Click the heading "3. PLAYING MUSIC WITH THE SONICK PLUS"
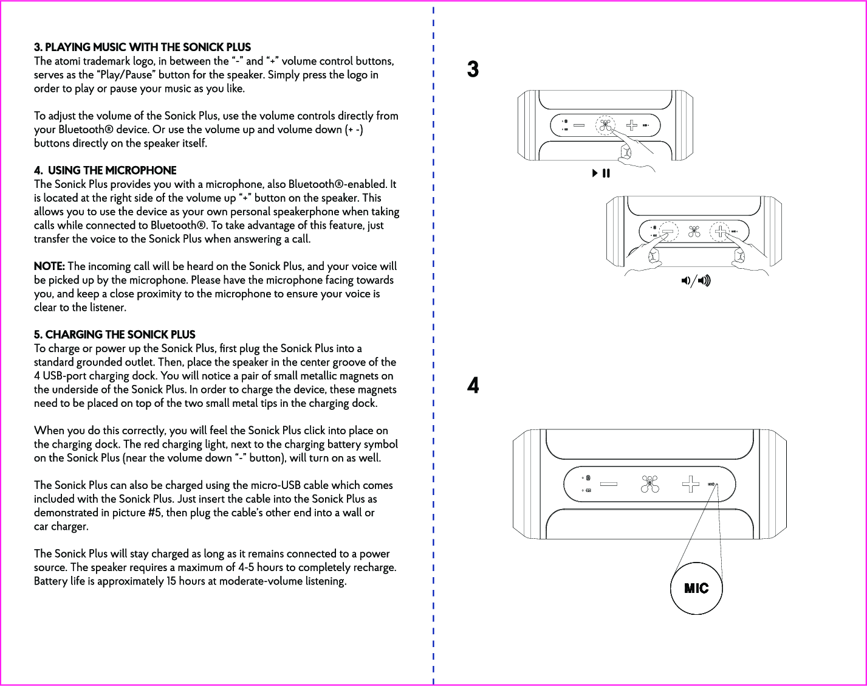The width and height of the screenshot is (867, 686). (x=142, y=47)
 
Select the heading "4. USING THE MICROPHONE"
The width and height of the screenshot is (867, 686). (x=105, y=170)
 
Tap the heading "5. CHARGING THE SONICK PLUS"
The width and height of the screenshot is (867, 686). (x=114, y=334)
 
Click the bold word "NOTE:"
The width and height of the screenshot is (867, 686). (x=49, y=266)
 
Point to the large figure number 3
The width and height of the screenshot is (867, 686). (x=473, y=70)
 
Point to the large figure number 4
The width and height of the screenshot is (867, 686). (x=473, y=386)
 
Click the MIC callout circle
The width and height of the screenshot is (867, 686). (x=696, y=588)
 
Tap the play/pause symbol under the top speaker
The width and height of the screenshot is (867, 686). (x=601, y=174)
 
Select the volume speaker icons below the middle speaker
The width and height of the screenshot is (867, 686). (x=696, y=280)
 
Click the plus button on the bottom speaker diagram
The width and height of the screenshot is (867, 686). (x=690, y=484)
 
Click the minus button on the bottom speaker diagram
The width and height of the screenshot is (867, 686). (x=608, y=485)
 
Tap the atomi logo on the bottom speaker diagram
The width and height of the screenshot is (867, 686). (x=649, y=484)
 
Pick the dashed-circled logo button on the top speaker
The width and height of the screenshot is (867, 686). (x=605, y=125)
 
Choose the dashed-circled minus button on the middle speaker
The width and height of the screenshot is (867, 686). (x=668, y=232)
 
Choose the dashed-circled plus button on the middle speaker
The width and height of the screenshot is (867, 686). (x=721, y=232)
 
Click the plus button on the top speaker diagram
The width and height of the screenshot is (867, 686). (x=632, y=125)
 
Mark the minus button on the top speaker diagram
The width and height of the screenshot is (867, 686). (x=578, y=126)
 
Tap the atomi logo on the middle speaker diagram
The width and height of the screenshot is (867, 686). (x=694, y=232)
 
